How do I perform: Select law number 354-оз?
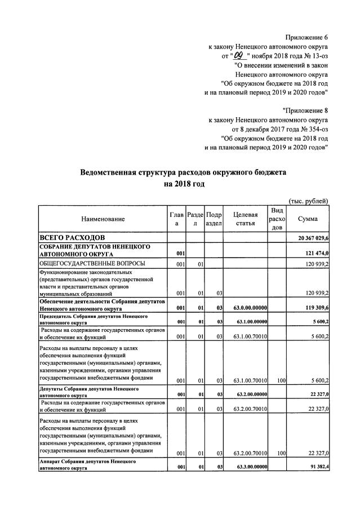(x=313, y=128)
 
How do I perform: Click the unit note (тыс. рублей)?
(x=308, y=201)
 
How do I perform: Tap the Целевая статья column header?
(x=246, y=219)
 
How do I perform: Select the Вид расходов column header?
(x=277, y=219)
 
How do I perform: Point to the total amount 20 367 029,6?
(x=309, y=240)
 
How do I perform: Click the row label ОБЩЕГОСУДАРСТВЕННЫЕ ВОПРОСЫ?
(x=92, y=264)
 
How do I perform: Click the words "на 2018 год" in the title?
(x=184, y=184)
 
